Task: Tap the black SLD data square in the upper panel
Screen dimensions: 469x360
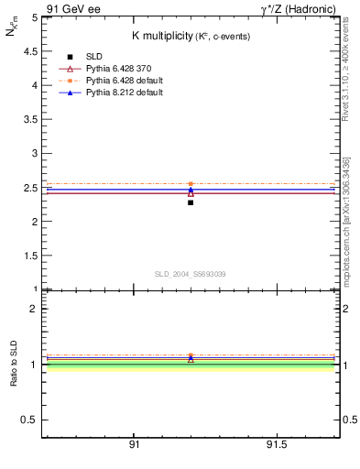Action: [x=191, y=202]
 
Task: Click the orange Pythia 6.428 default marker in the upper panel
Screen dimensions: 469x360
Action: [x=191, y=184]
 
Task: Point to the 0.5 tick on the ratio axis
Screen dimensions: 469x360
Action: [x=29, y=420]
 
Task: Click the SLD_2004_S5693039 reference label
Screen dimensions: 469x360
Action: [x=190, y=274]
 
